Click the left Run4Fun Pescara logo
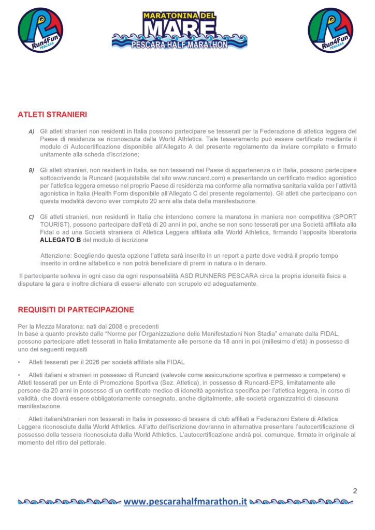40,30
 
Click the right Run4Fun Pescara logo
330,30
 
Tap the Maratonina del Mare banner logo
179,30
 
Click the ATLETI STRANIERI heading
52,114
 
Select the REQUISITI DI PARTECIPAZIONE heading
76,310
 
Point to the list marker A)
31,132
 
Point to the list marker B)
31,170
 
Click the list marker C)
31,217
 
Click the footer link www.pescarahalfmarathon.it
185,501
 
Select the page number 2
355,491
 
